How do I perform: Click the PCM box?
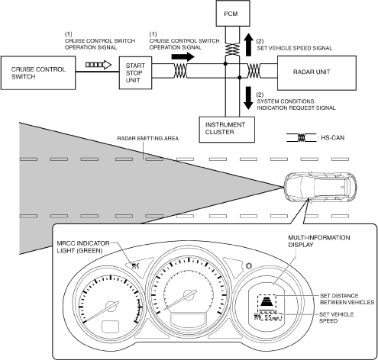coord(233,13)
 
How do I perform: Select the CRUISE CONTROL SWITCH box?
coord(38,72)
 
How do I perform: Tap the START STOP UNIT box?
coord(135,72)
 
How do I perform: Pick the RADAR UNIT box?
coord(317,73)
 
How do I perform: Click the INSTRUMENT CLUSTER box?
coord(227,130)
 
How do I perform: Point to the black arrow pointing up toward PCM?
coord(248,45)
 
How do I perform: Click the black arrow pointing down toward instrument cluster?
coord(248,98)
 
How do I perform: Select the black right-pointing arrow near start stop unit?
coord(183,56)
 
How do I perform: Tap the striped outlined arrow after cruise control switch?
coord(99,65)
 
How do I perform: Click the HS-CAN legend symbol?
coord(302,137)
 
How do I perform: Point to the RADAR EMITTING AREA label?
coord(148,138)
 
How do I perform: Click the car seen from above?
coord(320,186)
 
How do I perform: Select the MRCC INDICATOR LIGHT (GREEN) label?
coord(83,247)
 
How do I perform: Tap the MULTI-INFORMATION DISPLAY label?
coord(319,241)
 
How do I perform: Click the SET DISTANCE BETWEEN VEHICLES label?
coord(347,299)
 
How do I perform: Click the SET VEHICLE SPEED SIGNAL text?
coord(295,48)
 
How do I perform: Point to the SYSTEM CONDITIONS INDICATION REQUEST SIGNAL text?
coord(296,104)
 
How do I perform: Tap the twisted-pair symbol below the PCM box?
coord(232,49)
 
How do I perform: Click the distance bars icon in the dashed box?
coord(267,302)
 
